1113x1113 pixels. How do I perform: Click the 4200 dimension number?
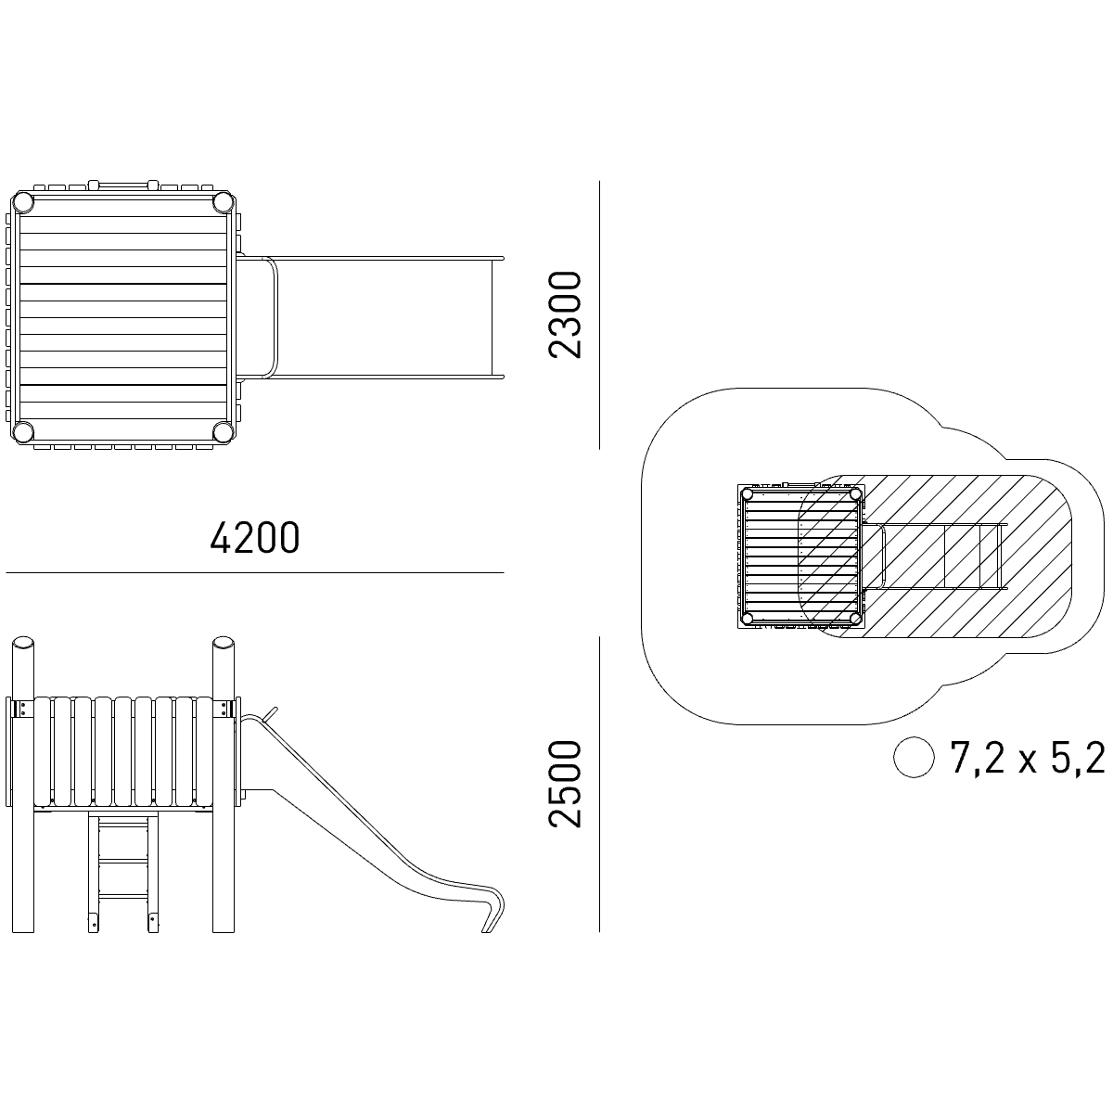pos(255,538)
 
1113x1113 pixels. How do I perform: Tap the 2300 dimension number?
pos(564,314)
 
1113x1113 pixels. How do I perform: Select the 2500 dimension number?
pos(564,784)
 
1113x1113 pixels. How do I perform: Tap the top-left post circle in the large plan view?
pos(23,202)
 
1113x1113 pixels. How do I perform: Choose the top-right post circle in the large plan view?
pos(223,202)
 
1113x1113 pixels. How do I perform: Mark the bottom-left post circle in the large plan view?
pos(23,431)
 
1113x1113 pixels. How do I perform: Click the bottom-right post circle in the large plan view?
pos(223,431)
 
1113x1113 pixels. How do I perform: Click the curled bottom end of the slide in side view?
pos(493,918)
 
